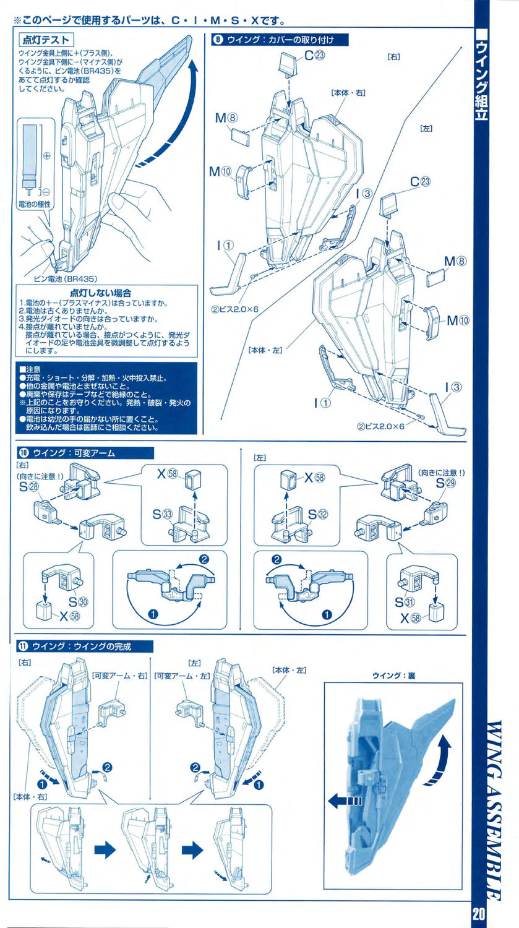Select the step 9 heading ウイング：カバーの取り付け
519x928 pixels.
281,40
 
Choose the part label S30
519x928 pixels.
77,600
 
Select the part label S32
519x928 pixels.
317,513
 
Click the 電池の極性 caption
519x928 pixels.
35,204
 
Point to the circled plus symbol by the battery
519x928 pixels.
46,157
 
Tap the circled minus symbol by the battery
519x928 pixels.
46,192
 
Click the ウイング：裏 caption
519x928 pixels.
393,676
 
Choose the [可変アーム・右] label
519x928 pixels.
119,676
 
